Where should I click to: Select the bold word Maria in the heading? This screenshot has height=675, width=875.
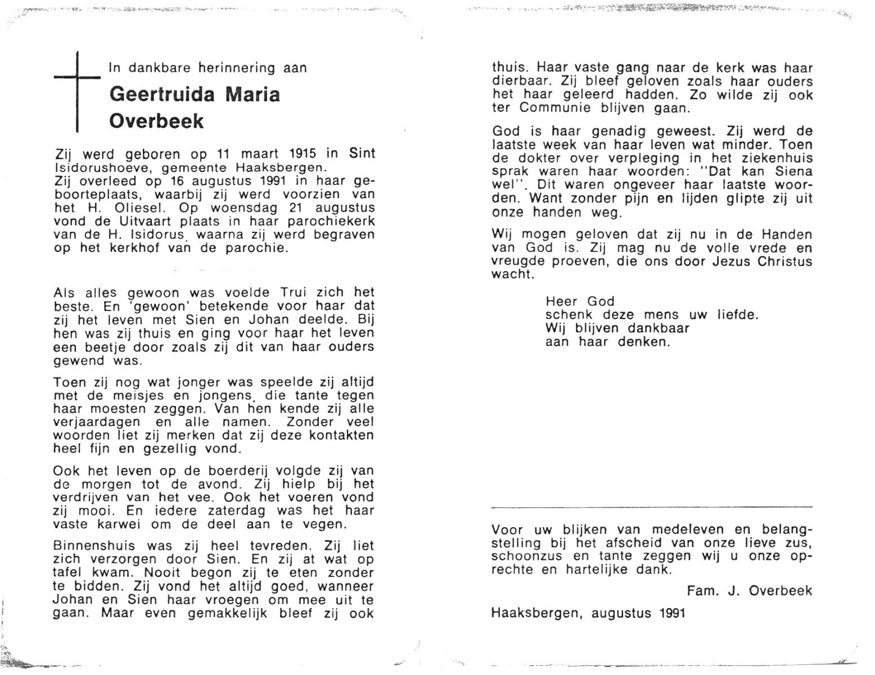(252, 94)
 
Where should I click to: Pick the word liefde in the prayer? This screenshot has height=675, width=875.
(738, 315)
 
